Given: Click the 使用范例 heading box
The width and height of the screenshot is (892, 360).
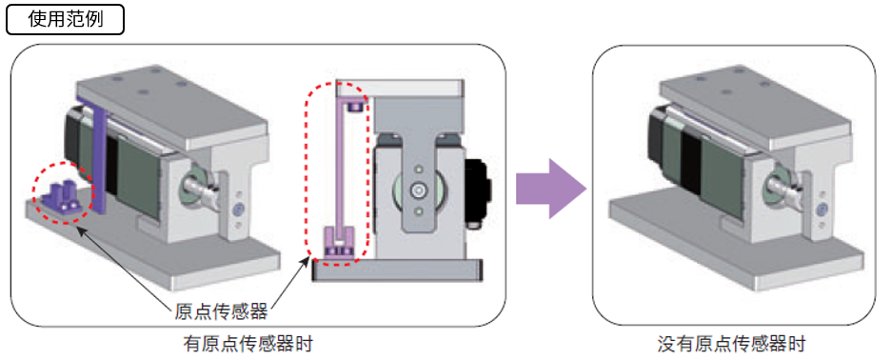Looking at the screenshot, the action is tap(65, 20).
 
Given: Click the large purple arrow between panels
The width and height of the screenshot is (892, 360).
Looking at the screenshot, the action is tap(550, 189).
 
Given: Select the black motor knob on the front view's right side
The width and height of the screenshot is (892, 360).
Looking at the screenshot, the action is tap(477, 191).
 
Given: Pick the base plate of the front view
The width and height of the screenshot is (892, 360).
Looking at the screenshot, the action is tap(397, 269).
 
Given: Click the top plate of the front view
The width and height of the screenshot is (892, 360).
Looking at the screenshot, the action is tap(398, 89).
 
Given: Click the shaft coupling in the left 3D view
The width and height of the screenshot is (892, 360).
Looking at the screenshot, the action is tap(199, 186).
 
